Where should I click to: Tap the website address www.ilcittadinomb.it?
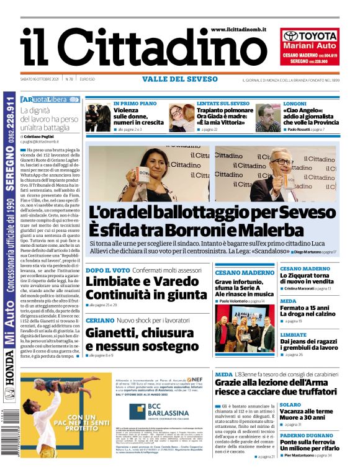click(x=238, y=29)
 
